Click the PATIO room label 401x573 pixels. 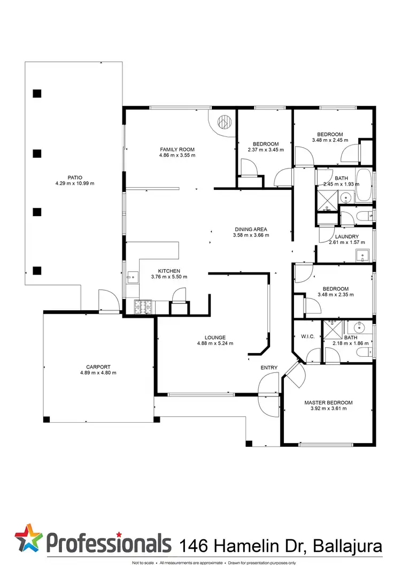pos(74,177)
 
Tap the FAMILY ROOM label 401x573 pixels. pos(177,149)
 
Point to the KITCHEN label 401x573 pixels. pos(168,271)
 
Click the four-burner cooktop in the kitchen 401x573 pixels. pos(144,307)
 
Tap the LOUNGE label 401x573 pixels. pos(214,338)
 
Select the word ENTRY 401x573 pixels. pos(269,368)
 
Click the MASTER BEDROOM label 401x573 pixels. pos(328,402)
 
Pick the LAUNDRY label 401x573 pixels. pos(346,236)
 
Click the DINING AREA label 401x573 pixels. pos(251,229)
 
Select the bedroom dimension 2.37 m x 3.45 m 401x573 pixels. pos(265,150)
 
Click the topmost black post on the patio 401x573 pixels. pos(37,94)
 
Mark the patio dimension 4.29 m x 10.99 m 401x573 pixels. pos(74,184)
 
